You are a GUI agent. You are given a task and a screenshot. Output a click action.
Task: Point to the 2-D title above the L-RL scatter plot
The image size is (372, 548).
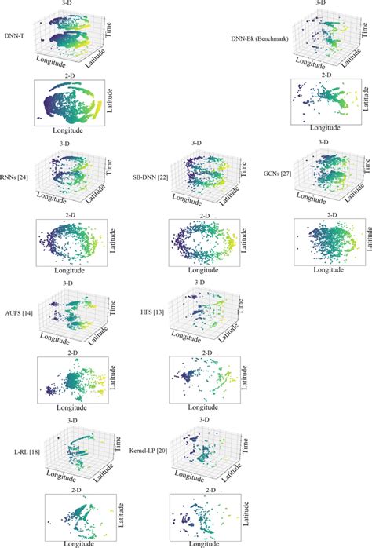74,487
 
